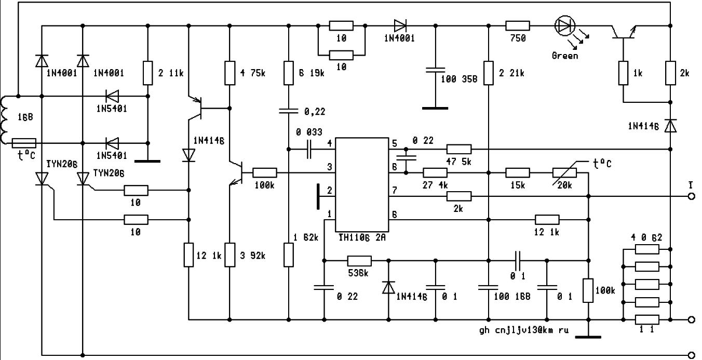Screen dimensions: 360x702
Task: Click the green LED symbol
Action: pos(564,25)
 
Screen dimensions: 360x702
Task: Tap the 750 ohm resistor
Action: pos(518,25)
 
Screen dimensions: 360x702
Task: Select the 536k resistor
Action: pos(359,260)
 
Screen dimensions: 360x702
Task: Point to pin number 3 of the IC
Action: pos(329,167)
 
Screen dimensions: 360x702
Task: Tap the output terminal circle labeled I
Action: pos(691,196)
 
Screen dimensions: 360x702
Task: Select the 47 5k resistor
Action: pos(459,149)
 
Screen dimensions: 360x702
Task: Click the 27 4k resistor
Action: pos(435,172)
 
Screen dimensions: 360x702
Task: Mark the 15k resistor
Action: pos(517,172)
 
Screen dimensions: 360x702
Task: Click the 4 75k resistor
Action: pos(229,73)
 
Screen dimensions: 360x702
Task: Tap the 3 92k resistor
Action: pos(229,255)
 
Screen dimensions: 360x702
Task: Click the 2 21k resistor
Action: pos(488,73)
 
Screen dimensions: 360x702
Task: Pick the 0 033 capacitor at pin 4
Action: pos(310,149)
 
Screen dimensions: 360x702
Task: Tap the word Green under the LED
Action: pos(564,55)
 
